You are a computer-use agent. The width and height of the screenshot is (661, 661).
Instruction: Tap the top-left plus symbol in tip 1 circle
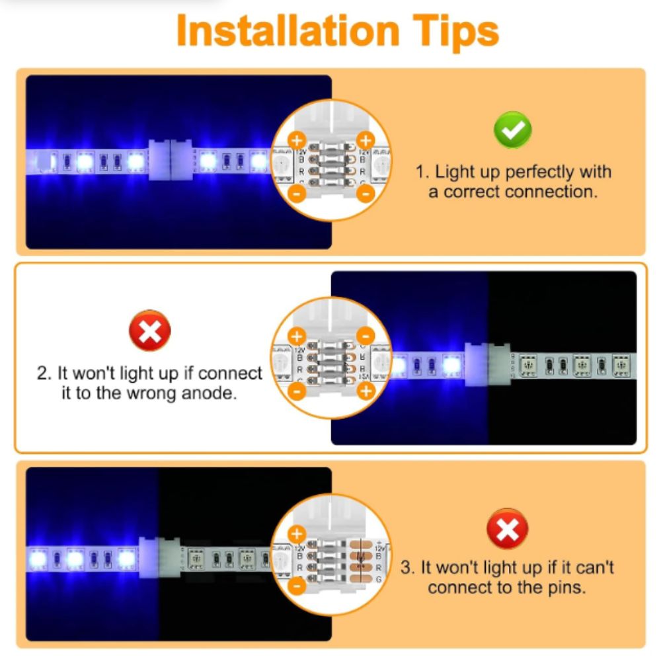point(297,140)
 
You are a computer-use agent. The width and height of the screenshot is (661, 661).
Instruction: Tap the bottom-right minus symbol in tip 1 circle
point(366,193)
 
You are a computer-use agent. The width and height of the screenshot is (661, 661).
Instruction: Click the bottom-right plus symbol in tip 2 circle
point(366,391)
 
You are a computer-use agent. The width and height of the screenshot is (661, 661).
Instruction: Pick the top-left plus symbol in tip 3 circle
point(297,533)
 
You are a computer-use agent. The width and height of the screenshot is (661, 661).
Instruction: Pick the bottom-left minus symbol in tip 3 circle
point(297,585)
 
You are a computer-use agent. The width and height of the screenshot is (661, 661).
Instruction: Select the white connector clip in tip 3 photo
point(159,557)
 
